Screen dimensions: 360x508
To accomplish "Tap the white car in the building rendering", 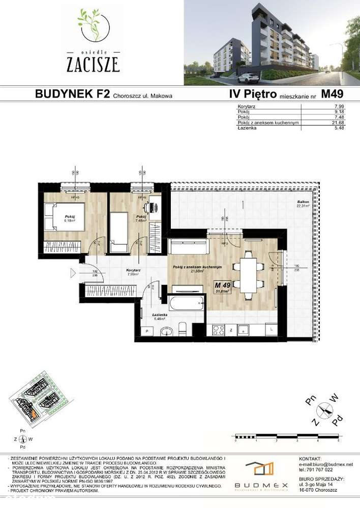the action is [248, 78].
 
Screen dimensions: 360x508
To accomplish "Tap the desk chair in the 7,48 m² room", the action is [148, 207].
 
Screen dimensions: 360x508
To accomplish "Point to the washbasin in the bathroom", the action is [166, 332].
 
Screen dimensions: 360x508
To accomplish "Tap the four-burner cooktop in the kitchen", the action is [219, 329].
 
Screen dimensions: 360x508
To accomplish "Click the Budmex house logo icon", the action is [259, 468].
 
